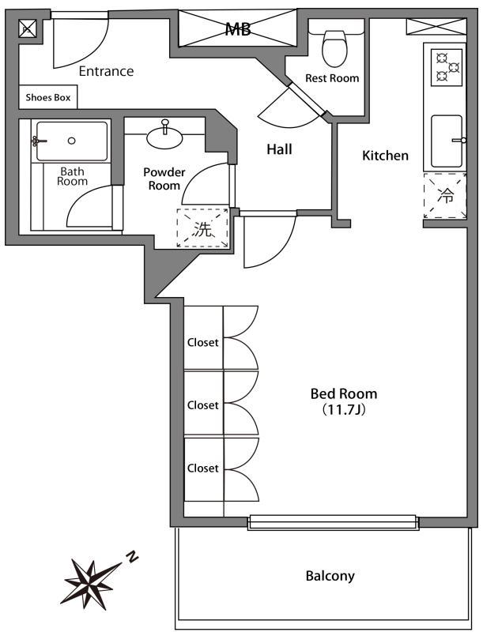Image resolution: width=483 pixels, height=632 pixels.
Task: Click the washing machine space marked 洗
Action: (x=203, y=229)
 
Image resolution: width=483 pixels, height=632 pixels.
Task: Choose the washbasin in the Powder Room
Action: (x=165, y=136)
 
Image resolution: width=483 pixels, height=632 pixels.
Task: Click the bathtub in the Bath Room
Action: (x=72, y=141)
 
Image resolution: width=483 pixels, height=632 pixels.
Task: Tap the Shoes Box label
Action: (x=48, y=99)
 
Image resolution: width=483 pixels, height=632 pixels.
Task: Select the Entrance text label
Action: (x=106, y=72)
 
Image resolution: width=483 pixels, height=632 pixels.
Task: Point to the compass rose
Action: (x=91, y=579)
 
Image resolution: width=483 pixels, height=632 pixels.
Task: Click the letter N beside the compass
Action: (x=132, y=558)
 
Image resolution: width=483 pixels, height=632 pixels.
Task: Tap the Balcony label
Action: (x=330, y=576)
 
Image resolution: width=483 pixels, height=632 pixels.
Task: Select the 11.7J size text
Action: (x=342, y=410)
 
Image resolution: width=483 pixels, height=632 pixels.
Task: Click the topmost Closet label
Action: (x=202, y=343)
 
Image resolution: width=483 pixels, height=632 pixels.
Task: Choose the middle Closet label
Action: (x=202, y=405)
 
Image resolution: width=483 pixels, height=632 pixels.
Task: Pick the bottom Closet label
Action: (x=202, y=468)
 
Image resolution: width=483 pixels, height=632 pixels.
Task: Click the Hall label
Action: (x=279, y=149)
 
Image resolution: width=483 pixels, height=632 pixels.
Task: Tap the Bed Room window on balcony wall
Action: (x=333, y=522)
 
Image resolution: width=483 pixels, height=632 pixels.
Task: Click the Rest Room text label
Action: (x=332, y=78)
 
